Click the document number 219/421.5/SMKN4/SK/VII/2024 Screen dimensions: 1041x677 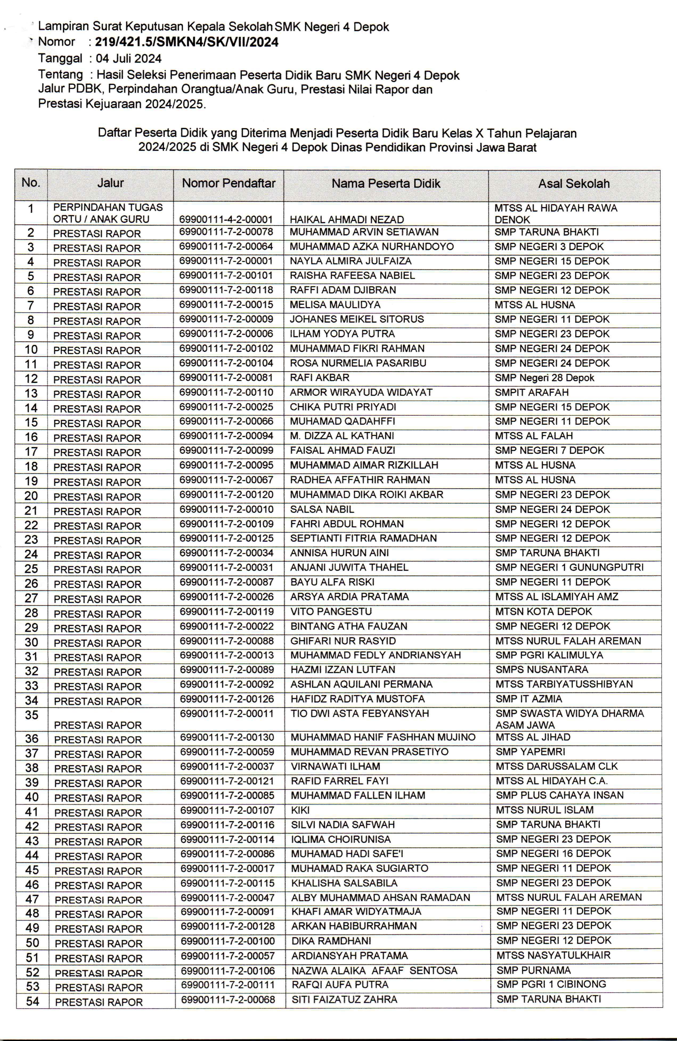pos(187,42)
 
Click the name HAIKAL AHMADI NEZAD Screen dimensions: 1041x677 pos(346,220)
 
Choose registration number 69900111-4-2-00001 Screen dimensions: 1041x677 pos(226,220)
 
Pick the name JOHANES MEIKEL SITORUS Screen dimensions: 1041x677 pos(357,319)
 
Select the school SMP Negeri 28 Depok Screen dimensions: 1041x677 pos(544,378)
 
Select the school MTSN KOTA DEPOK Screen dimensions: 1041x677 pos(543,612)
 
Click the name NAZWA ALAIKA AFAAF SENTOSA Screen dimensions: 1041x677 pos(374,971)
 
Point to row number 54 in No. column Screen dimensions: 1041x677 pos(32,1001)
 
